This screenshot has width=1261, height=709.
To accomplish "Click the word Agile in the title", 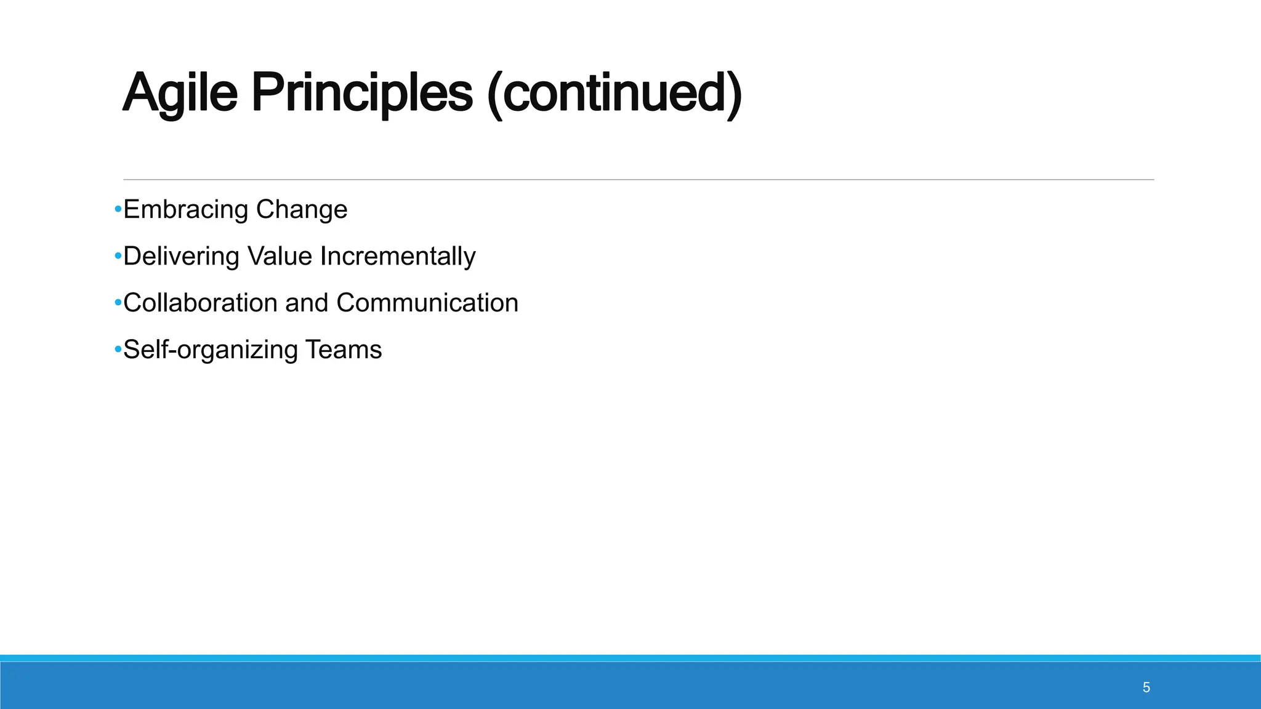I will (x=180, y=94).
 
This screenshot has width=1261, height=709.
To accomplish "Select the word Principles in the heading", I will (x=361, y=94).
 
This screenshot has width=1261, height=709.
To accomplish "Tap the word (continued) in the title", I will (x=614, y=94).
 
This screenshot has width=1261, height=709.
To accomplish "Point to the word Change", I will (x=302, y=210).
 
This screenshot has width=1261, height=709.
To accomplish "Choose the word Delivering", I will (x=181, y=257).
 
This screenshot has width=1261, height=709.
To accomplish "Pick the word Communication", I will (x=427, y=303).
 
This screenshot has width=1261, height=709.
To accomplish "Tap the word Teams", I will (x=344, y=350).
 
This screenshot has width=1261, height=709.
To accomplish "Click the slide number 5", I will (x=1146, y=687).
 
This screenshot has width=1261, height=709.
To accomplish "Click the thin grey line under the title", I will (x=638, y=180).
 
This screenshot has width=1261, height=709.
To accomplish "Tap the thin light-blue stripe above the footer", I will (x=630, y=658).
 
